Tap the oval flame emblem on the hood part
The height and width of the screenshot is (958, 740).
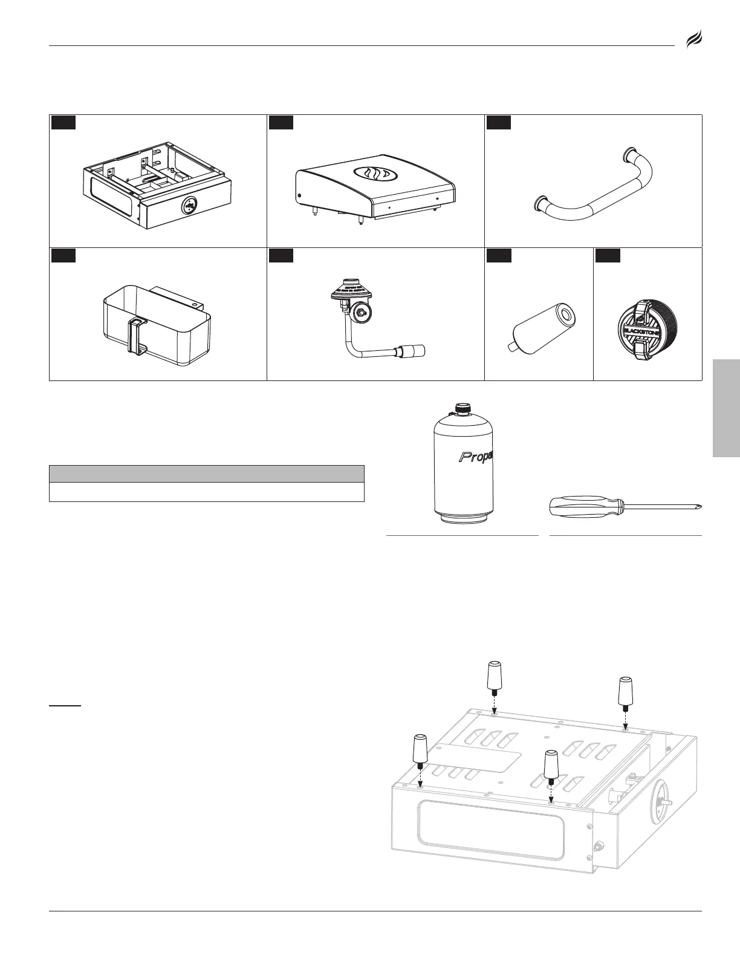click(372, 174)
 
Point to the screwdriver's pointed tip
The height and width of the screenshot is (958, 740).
click(698, 506)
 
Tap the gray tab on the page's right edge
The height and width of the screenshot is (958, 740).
click(726, 408)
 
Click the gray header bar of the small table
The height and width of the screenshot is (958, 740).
click(206, 474)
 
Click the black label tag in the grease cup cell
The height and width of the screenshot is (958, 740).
click(63, 255)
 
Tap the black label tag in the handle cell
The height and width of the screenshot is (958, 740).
click(499, 122)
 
